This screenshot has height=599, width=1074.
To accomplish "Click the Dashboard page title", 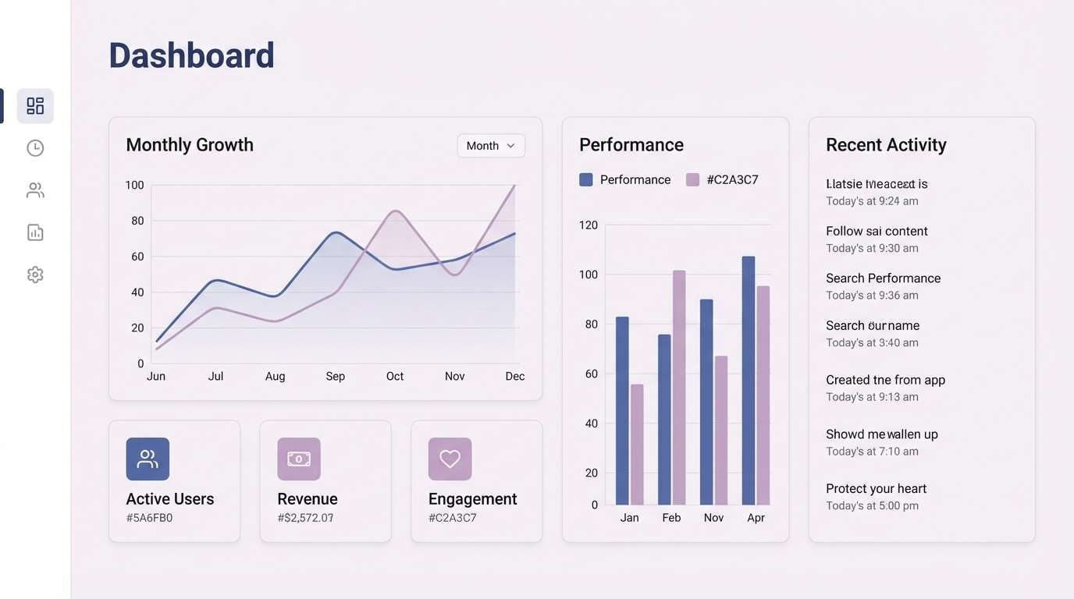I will [191, 55].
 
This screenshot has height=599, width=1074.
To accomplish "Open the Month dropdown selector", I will [490, 146].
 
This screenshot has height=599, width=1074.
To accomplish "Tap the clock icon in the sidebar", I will [35, 148].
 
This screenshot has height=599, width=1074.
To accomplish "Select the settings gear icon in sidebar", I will [35, 275].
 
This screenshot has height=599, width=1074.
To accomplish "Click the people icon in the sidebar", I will [35, 190].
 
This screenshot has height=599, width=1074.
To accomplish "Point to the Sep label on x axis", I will [335, 376].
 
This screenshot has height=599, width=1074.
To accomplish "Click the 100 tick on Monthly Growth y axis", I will [134, 185].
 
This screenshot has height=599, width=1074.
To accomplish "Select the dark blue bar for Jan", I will [622, 410].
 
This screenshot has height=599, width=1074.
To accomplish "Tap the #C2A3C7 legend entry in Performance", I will [722, 180].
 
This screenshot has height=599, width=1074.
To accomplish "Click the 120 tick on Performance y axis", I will [588, 225].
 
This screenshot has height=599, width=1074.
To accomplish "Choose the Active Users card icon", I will [148, 459].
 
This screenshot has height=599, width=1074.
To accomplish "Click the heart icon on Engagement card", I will [450, 459].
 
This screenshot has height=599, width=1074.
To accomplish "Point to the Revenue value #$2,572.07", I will [305, 518].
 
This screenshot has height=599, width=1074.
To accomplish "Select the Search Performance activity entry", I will [883, 278].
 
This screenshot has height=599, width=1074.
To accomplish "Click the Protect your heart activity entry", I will [876, 489].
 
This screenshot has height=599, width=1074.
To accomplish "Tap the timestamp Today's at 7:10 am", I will [872, 452].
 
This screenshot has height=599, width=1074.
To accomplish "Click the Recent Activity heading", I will [886, 145].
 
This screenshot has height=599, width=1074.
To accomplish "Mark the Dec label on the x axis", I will [514, 376].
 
